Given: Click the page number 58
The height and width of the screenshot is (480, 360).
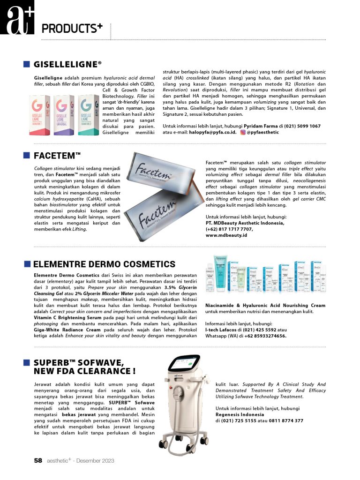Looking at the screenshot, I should [x=38, y=460].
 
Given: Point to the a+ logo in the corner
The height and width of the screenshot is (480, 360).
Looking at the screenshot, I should [x=17, y=19].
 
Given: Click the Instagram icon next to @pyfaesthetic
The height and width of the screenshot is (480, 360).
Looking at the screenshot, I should [x=243, y=132].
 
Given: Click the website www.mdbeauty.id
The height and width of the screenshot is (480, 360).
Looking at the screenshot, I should [x=226, y=235].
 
